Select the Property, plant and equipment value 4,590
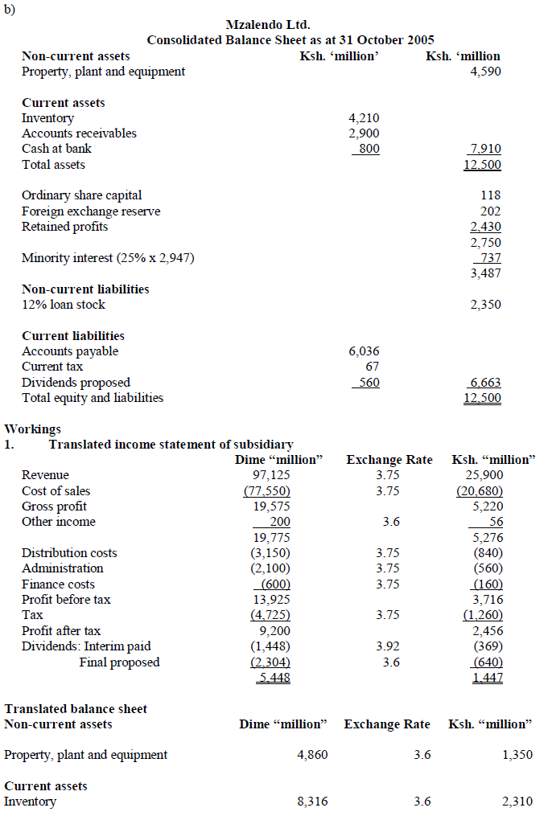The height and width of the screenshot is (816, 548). [485, 72]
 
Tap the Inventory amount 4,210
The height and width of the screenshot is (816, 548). [364, 118]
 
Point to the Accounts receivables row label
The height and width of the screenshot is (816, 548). [79, 133]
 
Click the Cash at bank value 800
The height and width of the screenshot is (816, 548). [369, 149]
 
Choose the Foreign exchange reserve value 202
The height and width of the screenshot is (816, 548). [490, 211]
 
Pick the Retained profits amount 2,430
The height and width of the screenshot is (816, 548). [485, 227]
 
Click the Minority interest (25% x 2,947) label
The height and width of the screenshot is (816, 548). [108, 258]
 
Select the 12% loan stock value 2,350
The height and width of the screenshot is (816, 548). [485, 305]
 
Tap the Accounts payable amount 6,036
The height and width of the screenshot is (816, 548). [364, 351]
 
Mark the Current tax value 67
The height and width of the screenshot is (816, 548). [372, 367]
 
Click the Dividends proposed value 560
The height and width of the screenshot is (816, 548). [369, 383]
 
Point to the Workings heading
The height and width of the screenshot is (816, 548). [33, 429]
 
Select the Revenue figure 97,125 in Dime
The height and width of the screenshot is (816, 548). [272, 475]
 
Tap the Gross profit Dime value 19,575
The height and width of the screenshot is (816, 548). [272, 506]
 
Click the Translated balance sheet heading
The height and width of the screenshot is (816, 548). [76, 709]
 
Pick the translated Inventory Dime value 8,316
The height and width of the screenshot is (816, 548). [312, 802]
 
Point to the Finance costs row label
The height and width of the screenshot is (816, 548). [58, 584]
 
